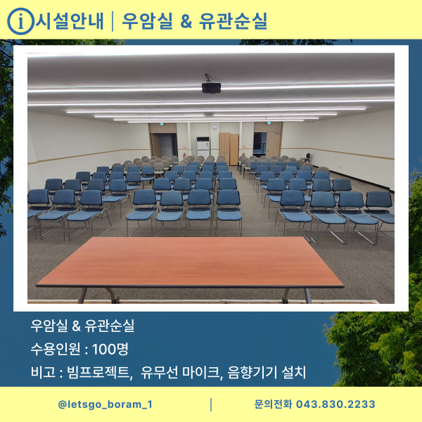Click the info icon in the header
[20, 21]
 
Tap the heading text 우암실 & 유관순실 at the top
[195, 21]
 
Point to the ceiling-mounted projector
[210, 87]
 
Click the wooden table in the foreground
[190, 264]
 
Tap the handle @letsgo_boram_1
[105, 404]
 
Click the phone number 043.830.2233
[335, 404]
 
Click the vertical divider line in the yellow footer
[211, 404]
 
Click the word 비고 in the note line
[41, 372]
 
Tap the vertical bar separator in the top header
[113, 21]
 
